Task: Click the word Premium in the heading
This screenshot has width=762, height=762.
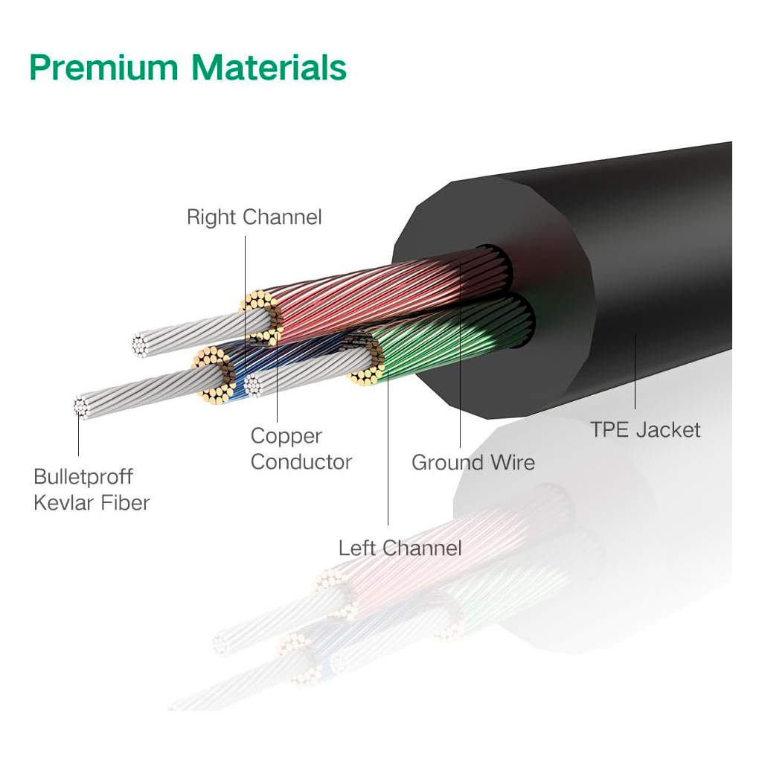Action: click(x=103, y=68)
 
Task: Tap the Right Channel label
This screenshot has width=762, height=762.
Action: click(x=254, y=217)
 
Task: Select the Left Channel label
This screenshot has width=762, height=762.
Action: click(x=400, y=548)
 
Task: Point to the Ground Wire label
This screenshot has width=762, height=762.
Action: click(x=473, y=462)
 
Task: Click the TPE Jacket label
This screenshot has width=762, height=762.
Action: click(x=644, y=429)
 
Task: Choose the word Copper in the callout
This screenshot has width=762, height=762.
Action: click(x=286, y=436)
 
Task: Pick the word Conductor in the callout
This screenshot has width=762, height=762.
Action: click(x=301, y=461)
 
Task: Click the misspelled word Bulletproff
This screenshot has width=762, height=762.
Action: click(x=83, y=476)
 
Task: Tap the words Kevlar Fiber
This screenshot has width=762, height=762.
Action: click(x=92, y=502)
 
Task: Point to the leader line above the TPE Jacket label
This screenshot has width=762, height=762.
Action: click(x=635, y=372)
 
